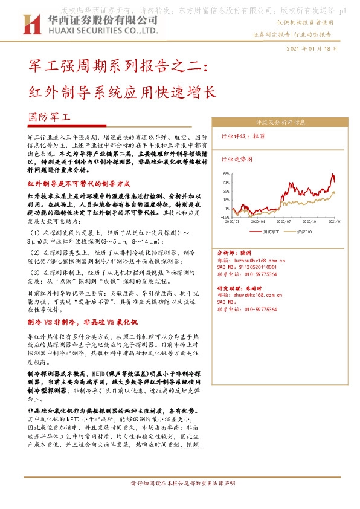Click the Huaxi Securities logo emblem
coord(31,24)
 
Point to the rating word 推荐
coord(259,137)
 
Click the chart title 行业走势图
coord(236,160)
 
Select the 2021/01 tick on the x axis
coord(334,222)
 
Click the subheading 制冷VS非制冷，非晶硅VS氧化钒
coord(83,322)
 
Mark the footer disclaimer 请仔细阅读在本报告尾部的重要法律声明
coord(179,484)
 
